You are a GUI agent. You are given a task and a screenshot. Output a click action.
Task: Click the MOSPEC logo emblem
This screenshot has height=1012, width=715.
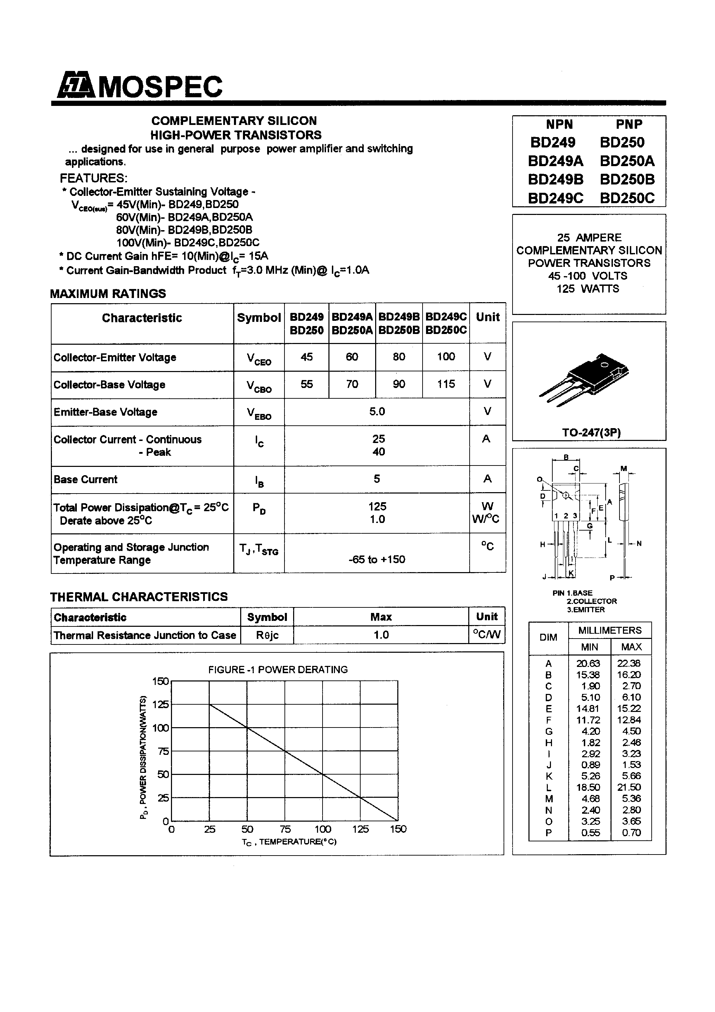coord(76,85)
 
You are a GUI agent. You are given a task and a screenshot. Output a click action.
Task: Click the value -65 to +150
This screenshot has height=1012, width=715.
coord(377,559)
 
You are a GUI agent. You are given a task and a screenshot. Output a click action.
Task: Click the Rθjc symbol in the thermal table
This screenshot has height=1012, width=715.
coord(267,635)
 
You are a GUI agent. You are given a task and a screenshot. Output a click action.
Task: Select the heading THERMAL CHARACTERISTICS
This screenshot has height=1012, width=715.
coord(139,597)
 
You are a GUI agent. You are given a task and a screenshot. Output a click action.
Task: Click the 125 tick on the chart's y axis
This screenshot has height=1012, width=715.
coord(161,704)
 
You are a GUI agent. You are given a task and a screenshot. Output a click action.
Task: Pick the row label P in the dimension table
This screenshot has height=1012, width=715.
coord(549,833)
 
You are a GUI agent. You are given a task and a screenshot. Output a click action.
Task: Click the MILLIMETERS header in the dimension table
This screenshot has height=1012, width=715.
coord(610,630)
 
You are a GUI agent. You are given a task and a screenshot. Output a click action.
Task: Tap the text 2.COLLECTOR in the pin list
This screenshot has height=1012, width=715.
coord(591,601)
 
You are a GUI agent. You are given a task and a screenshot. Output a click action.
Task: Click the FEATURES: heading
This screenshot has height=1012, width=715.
coord(93,178)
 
